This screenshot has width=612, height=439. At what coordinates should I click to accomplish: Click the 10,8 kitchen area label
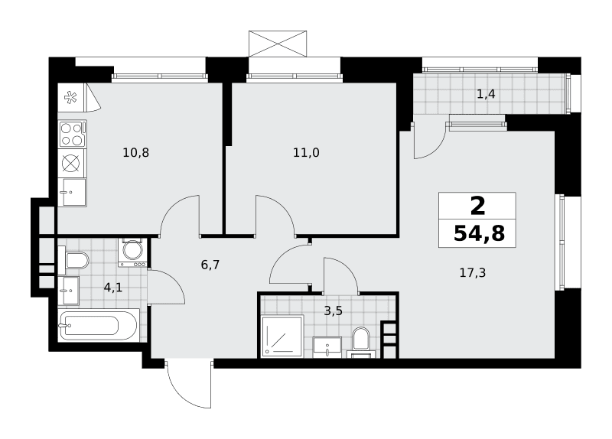(136, 152)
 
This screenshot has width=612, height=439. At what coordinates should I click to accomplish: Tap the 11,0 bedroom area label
(307, 152)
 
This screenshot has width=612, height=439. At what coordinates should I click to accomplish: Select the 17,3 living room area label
(473, 273)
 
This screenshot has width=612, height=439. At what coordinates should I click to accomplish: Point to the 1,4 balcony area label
(487, 94)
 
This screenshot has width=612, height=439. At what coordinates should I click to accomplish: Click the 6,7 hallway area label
(210, 265)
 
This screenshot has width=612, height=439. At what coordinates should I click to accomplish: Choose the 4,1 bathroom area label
(113, 288)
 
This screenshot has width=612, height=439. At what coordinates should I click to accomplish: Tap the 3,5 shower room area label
(334, 311)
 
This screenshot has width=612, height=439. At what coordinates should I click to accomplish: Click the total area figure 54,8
(480, 234)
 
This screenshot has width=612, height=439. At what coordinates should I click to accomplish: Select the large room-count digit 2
(477, 206)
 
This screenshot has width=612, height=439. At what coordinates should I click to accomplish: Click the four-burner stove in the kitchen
(72, 134)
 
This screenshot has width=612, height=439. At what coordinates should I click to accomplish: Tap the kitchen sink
(72, 193)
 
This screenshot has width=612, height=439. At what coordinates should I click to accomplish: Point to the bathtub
(98, 326)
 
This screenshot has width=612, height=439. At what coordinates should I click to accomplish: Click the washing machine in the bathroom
(132, 252)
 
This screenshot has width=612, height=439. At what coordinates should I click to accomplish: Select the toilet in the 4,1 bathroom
(73, 260)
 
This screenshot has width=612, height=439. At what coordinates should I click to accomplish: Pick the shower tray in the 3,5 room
(282, 337)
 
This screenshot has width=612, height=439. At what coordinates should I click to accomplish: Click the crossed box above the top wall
(278, 44)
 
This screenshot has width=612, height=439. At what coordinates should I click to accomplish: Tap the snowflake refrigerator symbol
(70, 97)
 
